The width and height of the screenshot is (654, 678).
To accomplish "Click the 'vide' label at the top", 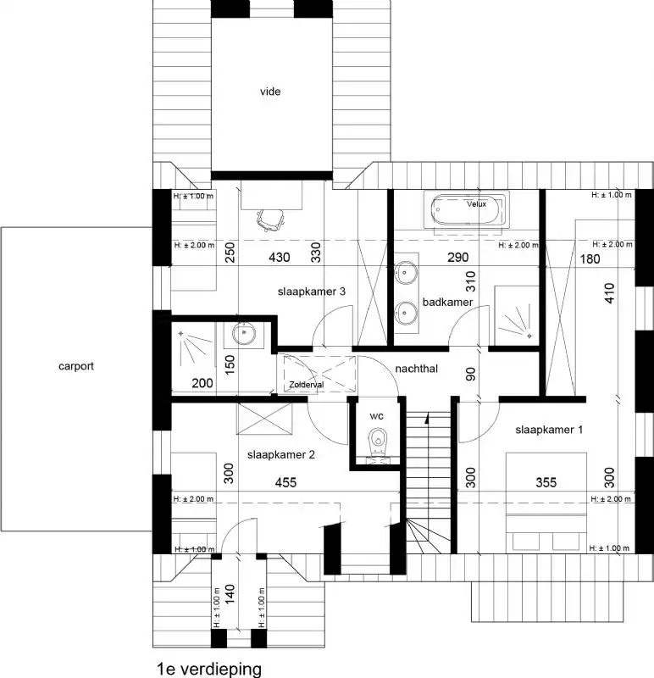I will tap(270, 92).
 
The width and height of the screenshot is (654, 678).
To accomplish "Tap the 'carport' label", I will tap(76, 367).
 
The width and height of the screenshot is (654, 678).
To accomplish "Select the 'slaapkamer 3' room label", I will tap(311, 292).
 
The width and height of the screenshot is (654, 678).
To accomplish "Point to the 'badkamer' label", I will tap(447, 302).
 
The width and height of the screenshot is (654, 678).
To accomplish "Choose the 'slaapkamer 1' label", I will tap(549, 430).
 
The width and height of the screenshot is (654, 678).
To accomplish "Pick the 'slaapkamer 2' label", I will tap(281, 454).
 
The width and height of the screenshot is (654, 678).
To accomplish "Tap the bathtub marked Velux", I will tap(468, 208).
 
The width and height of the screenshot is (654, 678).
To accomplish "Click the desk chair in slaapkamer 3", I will tap(269, 219).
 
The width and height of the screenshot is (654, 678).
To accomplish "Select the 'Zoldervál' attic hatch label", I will tap(307, 385).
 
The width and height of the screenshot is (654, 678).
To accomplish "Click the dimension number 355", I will tap(546, 482).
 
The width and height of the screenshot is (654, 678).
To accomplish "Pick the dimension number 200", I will tap(202, 383).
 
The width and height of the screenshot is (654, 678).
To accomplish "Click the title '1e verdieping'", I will tap(208, 668).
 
